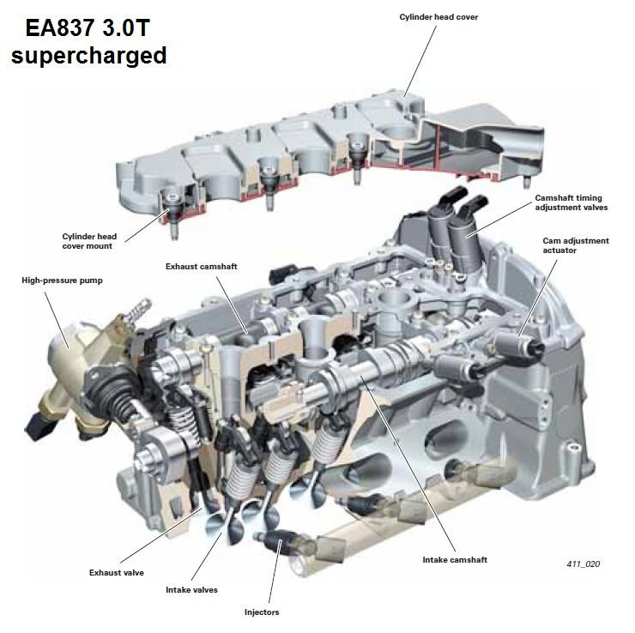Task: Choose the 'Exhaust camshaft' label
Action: point(202,267)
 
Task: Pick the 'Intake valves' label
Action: point(191,590)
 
